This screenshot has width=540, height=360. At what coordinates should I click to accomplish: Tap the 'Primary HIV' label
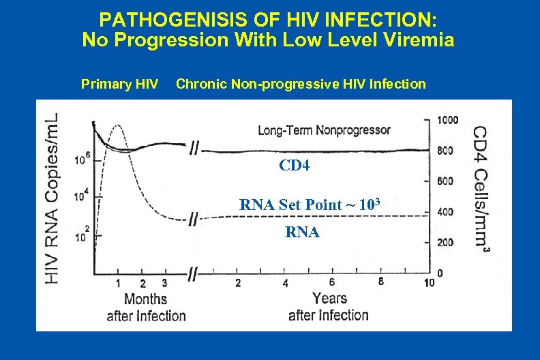pos(120,85)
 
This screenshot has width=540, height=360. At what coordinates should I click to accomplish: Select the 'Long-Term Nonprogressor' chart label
pos(324,130)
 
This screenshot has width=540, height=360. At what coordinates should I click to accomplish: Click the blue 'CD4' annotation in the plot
pos(295,165)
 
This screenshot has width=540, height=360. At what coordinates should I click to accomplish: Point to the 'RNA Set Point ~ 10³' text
pos(309,204)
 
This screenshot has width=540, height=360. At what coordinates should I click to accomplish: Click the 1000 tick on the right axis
pos(448,120)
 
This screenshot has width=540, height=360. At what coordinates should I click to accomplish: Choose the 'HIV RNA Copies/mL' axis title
pos(52,198)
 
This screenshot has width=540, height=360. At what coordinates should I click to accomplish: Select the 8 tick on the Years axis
pos(380,282)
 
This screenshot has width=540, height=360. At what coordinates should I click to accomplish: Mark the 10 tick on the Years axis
pos(428,283)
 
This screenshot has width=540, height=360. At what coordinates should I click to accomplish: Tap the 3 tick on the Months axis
pos(164,283)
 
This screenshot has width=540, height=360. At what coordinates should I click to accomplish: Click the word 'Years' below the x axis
pos(329,299)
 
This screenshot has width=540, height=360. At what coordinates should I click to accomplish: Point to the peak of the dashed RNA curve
pos(119,125)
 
